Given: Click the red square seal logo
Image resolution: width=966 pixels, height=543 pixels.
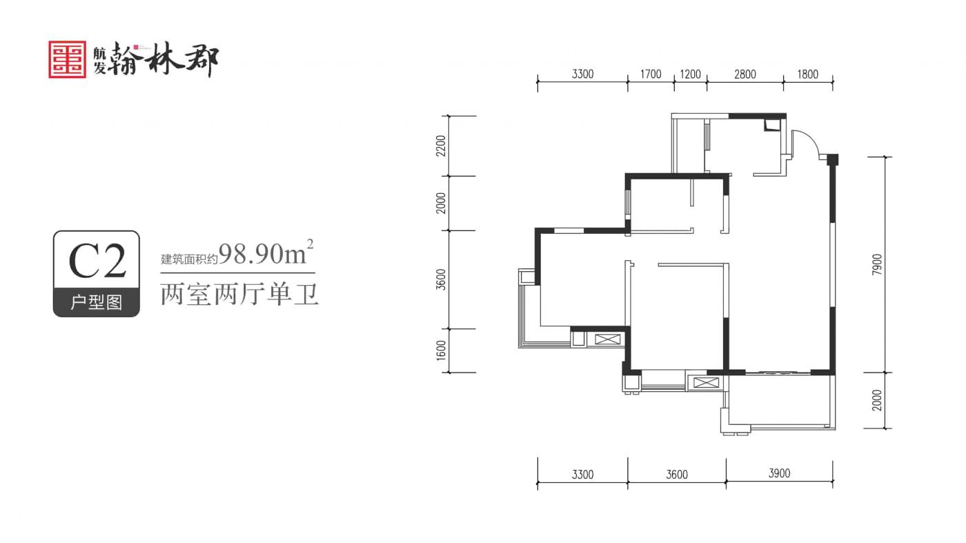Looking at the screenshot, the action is tap(68, 59).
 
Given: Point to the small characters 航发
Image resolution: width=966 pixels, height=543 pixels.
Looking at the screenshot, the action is tap(99, 60).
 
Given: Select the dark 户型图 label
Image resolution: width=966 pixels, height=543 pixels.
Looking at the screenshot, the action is tap(97, 302).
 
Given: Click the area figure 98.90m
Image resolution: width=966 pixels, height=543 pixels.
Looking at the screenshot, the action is tap(263, 254).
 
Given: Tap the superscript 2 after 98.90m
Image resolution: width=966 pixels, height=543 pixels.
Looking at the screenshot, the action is tap(310, 244).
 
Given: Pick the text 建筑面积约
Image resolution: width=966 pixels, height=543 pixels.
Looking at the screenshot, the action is tap(189, 259).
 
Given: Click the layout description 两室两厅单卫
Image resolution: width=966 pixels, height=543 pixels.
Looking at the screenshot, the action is tap(239, 295).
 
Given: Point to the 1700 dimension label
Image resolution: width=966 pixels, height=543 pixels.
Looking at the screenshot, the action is tap(651, 75).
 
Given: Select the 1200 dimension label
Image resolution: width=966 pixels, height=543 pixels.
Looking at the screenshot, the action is tap(691, 75).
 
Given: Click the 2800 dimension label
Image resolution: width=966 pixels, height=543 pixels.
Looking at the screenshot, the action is tap(745, 75).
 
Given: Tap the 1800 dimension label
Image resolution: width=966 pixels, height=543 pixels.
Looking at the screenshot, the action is tap(808, 75).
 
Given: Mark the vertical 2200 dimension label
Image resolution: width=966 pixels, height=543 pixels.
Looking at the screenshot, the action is tap(441, 146).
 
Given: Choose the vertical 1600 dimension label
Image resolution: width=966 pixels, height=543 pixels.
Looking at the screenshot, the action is tap(441, 351).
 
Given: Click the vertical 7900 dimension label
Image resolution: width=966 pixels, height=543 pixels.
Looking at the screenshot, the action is tap(877, 264).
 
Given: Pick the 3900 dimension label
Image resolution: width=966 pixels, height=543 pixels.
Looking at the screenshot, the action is tap(779, 473).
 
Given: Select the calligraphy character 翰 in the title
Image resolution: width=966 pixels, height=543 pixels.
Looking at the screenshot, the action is tap(125, 59).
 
